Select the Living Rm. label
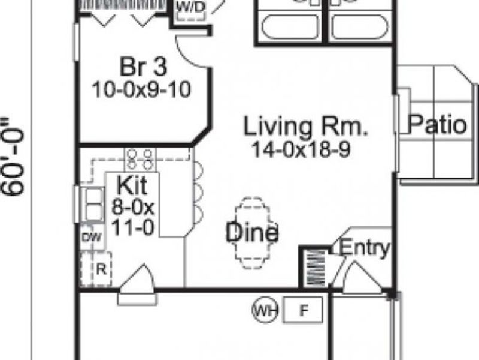(x=305, y=127)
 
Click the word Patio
(x=437, y=125)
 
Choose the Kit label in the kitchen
(x=132, y=183)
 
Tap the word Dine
(x=251, y=232)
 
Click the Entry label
(x=365, y=247)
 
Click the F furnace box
(x=303, y=310)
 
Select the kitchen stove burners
(x=140, y=158)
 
